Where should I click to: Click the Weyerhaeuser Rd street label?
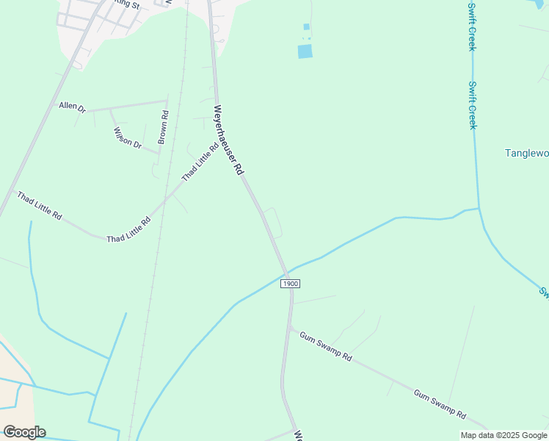pos(228,140)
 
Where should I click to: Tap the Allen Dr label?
pos(73,107)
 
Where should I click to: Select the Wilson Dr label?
pos(127,137)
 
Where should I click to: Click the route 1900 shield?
pos(291,284)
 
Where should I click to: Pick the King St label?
pos(128,4)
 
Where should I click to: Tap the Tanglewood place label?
pos(527,153)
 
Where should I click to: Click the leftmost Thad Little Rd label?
pos(40,207)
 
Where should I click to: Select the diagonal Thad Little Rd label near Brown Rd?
pos(200,162)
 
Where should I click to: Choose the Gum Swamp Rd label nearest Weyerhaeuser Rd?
pos(325,345)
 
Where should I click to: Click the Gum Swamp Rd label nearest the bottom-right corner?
pos(439,404)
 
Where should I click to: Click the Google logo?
pos(24,431)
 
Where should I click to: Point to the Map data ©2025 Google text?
pos(503,435)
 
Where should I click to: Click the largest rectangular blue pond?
pos(305,51)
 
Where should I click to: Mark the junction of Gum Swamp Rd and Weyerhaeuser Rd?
pos(290,326)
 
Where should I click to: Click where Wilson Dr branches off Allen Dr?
pos(110,109)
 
